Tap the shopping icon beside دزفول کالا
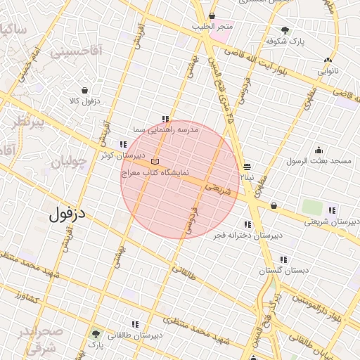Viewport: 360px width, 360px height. point(85,91)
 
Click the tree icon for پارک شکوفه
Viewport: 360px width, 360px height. point(285,30)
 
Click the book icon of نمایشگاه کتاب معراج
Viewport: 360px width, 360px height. point(155,162)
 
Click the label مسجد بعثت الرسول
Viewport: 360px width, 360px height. point(319,161)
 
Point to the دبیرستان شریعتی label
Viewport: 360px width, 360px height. point(331,221)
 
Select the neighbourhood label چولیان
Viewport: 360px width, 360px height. point(68,161)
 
